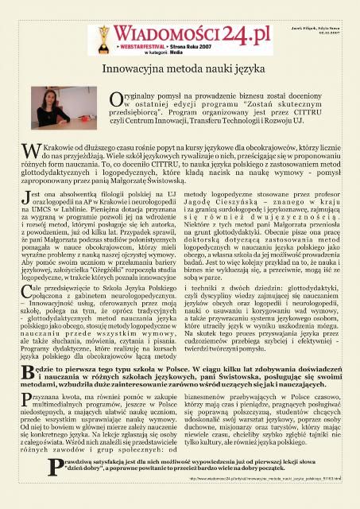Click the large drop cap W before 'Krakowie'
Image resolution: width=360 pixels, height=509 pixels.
pos(27,151)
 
